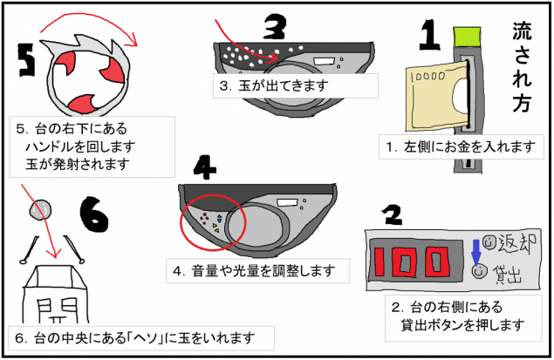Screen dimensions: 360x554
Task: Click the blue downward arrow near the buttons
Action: (475, 249)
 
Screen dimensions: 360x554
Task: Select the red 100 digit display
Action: (407, 259)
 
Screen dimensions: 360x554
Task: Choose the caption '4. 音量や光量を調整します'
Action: (254, 270)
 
